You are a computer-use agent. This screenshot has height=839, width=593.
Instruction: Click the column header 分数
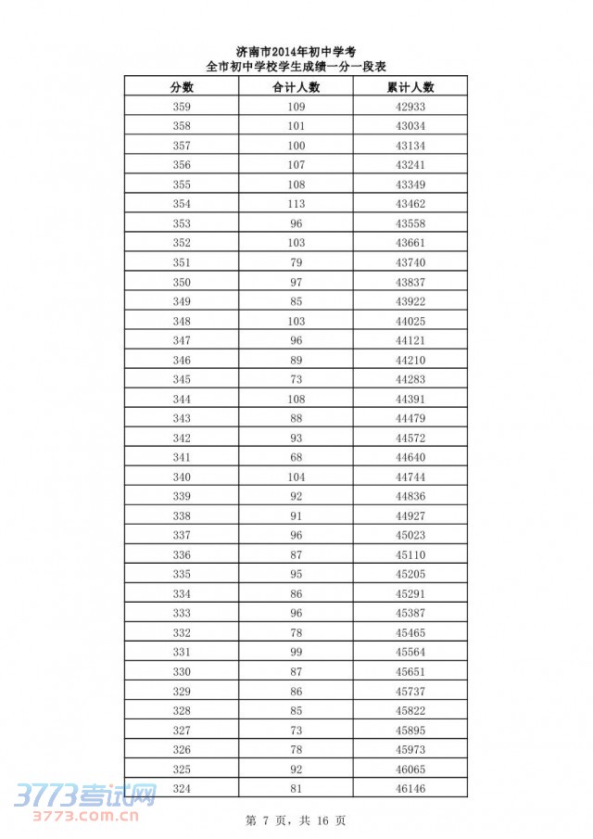coord(182,87)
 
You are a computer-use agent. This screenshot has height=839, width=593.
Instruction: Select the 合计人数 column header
coord(296,87)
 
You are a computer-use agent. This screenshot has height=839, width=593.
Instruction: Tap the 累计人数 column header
coord(410,87)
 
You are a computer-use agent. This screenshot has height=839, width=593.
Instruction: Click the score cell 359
coord(182,107)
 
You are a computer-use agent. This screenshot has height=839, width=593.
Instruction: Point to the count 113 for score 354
coord(296,204)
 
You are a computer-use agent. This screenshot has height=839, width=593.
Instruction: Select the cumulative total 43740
coord(410,262)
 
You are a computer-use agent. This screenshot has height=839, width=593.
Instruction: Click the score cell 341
coord(182,457)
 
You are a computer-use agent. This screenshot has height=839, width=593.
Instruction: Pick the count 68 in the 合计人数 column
coord(296,457)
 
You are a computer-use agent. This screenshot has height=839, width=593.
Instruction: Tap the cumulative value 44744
coord(410,477)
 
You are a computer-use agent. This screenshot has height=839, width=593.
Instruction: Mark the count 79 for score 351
coord(296,262)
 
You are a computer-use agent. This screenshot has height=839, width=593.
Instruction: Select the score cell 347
coord(182,340)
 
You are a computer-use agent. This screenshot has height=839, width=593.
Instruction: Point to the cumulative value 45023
coord(410,535)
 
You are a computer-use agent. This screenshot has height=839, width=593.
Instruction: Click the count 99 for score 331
coord(296,652)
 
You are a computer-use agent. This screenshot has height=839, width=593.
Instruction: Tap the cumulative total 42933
coord(410,107)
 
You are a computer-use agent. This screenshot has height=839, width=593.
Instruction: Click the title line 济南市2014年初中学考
coord(296,52)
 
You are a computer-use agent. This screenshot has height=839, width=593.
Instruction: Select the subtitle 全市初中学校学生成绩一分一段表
coord(296,67)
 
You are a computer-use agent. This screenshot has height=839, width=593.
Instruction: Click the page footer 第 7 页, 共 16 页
coord(296,820)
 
